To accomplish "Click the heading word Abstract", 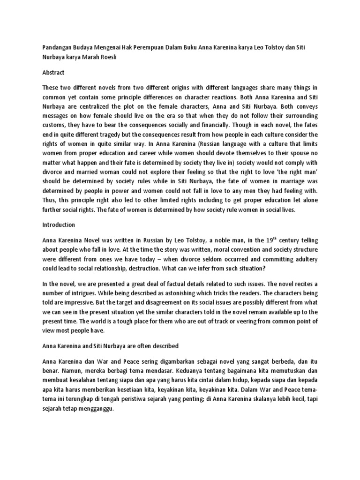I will click(x=53, y=73).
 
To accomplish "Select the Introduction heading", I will click(x=60, y=225).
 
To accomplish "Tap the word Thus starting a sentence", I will click(x=49, y=200).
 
